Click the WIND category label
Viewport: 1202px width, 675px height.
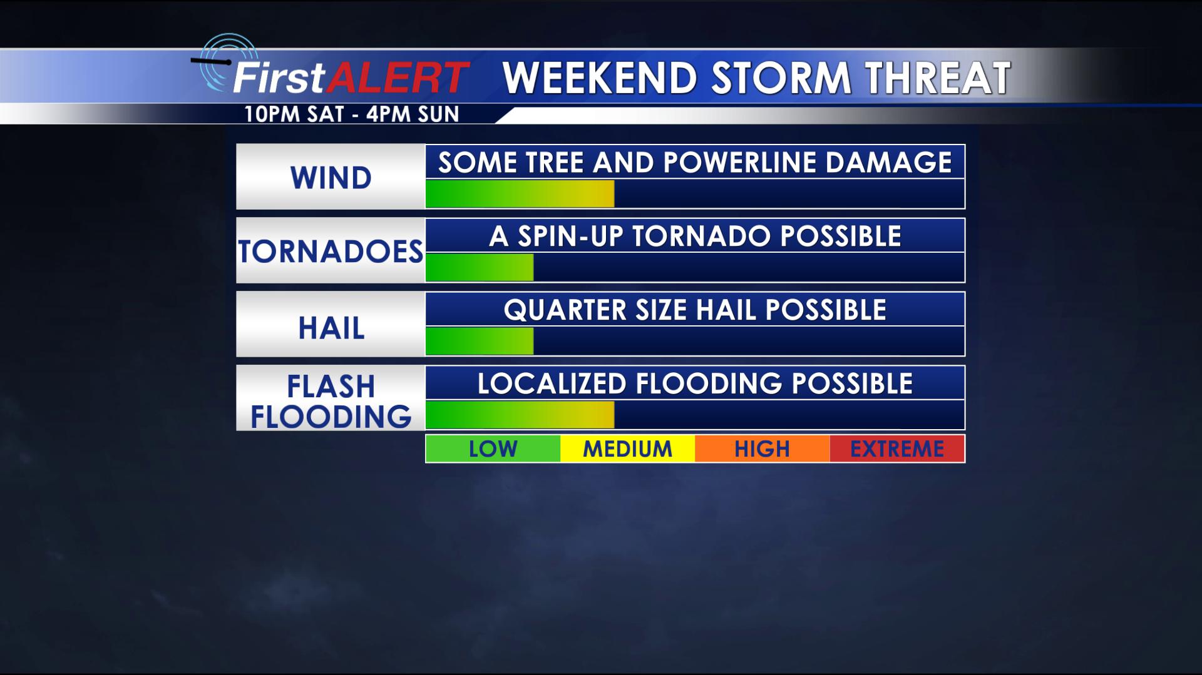pyautogui.click(x=331, y=178)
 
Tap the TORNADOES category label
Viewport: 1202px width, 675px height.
pyautogui.click(x=331, y=251)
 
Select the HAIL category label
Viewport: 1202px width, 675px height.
pyautogui.click(x=331, y=328)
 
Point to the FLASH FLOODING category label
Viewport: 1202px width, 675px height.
pyautogui.click(x=331, y=401)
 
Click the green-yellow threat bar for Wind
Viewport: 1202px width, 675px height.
pyautogui.click(x=520, y=194)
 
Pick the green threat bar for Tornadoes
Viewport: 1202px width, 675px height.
pyautogui.click(x=480, y=268)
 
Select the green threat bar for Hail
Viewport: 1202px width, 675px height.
pyautogui.click(x=480, y=341)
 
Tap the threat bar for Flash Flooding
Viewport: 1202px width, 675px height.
pyautogui.click(x=520, y=415)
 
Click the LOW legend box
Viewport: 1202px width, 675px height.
pyautogui.click(x=493, y=449)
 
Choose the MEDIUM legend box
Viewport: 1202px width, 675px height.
pyautogui.click(x=627, y=449)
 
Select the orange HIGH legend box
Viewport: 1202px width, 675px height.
pyautogui.click(x=762, y=449)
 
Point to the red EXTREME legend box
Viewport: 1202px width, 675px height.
pyautogui.click(x=896, y=449)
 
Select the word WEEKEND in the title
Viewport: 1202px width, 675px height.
pyautogui.click(x=600, y=78)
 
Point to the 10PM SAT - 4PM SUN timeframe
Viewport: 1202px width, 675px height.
pyautogui.click(x=352, y=114)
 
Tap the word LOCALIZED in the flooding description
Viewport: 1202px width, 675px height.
pyautogui.click(x=552, y=383)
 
